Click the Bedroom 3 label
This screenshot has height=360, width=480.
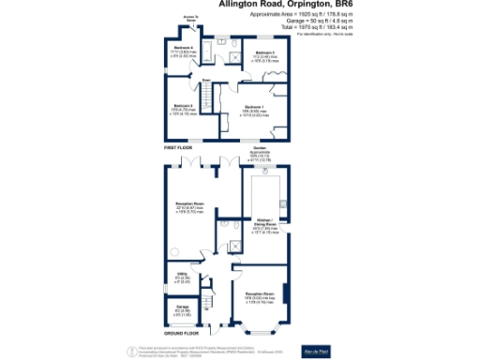click(x=263, y=52)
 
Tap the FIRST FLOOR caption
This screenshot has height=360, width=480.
click(x=180, y=146)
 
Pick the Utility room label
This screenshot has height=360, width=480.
click(x=184, y=275)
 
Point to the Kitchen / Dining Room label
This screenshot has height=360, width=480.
click(x=265, y=226)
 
